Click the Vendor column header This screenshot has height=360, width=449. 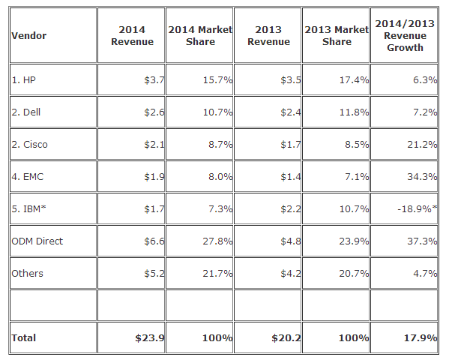pyautogui.click(x=28, y=35)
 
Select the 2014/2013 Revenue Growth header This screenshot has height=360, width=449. pyautogui.click(x=405, y=35)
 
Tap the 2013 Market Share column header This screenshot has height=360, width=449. pyautogui.click(x=337, y=35)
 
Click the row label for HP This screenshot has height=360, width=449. pyautogui.click(x=23, y=79)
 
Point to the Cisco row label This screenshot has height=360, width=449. pyautogui.click(x=29, y=144)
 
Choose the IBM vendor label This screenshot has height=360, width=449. pyautogui.click(x=28, y=208)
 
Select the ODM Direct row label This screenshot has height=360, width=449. pyautogui.click(x=37, y=241)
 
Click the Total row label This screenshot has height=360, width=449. pyautogui.click(x=23, y=337)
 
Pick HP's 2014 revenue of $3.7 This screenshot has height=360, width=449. pyautogui.click(x=154, y=79)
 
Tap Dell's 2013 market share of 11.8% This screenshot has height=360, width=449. pyautogui.click(x=354, y=112)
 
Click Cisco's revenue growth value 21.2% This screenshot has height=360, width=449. pyautogui.click(x=422, y=144)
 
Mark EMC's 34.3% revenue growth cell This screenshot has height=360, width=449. pyautogui.click(x=422, y=176)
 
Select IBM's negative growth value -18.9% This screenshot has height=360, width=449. pyautogui.click(x=418, y=208)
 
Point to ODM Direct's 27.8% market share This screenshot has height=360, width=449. pyautogui.click(x=217, y=241)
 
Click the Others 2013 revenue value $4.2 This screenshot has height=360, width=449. pyautogui.click(x=291, y=273)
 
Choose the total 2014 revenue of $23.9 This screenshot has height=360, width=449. pyautogui.click(x=150, y=337)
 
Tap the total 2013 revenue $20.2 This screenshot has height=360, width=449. pyautogui.click(x=286, y=337)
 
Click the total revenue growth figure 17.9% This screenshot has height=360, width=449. pyautogui.click(x=421, y=337)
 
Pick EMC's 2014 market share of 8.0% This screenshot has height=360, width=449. pyautogui.click(x=220, y=176)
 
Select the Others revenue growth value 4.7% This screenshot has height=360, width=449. pyautogui.click(x=425, y=273)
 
